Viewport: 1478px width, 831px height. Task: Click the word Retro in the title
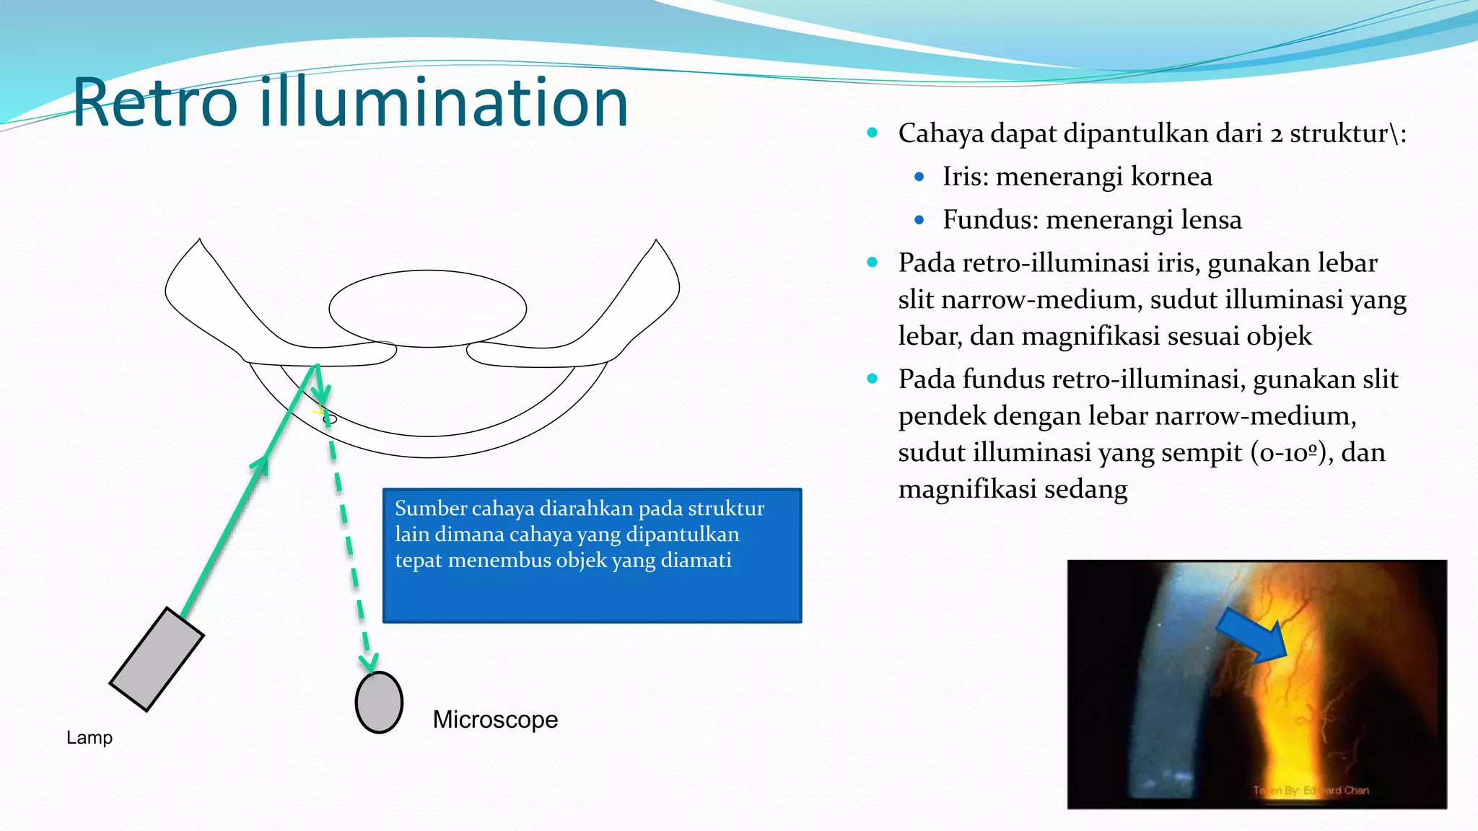(155, 103)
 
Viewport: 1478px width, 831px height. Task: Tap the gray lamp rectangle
(157, 659)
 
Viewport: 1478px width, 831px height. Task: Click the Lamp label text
(89, 737)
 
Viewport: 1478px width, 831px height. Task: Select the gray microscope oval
(379, 703)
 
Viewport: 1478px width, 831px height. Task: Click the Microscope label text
(495, 719)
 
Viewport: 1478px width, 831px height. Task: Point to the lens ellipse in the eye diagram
(427, 309)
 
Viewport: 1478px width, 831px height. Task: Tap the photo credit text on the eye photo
(1311, 791)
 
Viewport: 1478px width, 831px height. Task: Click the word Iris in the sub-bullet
(965, 177)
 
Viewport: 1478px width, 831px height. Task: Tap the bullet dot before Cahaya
(873, 133)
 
